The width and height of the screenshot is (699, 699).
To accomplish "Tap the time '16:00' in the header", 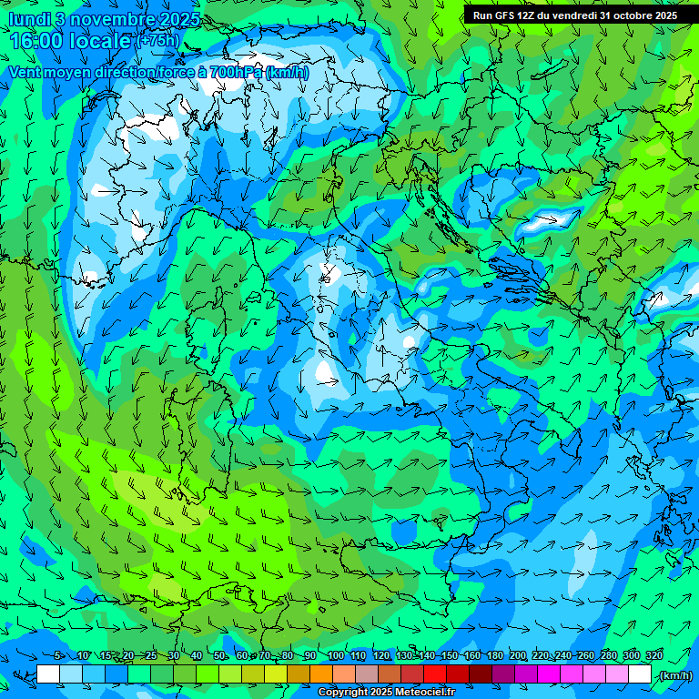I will pyautogui.click(x=40, y=40).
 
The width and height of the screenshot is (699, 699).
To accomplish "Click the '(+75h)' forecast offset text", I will pyautogui.click(x=157, y=40).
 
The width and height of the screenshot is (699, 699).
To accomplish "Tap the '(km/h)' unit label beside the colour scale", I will pyautogui.click(x=674, y=675).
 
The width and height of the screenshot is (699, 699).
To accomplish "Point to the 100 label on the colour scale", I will pyautogui.click(x=336, y=655).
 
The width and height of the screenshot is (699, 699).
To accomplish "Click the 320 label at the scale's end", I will pyautogui.click(x=653, y=655).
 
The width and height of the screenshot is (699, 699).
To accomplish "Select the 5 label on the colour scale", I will pyautogui.click(x=58, y=655).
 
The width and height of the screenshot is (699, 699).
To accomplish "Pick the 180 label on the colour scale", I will pyautogui.click(x=494, y=655).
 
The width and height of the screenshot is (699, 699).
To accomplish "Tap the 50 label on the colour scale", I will pyautogui.click(x=219, y=655).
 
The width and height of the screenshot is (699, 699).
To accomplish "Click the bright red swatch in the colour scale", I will pyautogui.click(x=435, y=674).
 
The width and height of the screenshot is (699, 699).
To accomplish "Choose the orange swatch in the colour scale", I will pyautogui.click(x=321, y=674).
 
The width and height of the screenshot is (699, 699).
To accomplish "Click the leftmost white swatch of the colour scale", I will pyautogui.click(x=48, y=674).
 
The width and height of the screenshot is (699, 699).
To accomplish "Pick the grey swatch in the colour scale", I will pyautogui.click(x=367, y=674).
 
